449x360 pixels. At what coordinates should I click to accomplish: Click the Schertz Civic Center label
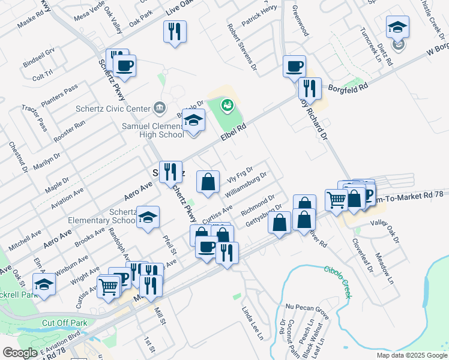113,109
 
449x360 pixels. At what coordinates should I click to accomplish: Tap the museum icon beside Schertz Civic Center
159,108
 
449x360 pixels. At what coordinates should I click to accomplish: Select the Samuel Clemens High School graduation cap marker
194,121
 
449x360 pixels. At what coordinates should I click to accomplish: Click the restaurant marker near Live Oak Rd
175,31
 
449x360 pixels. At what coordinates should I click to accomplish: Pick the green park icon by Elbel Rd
226,106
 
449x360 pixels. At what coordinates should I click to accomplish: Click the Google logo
20,353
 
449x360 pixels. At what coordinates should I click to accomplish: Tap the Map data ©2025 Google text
411,355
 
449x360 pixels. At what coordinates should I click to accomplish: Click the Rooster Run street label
70,131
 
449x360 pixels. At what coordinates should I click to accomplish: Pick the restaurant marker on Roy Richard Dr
310,89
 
